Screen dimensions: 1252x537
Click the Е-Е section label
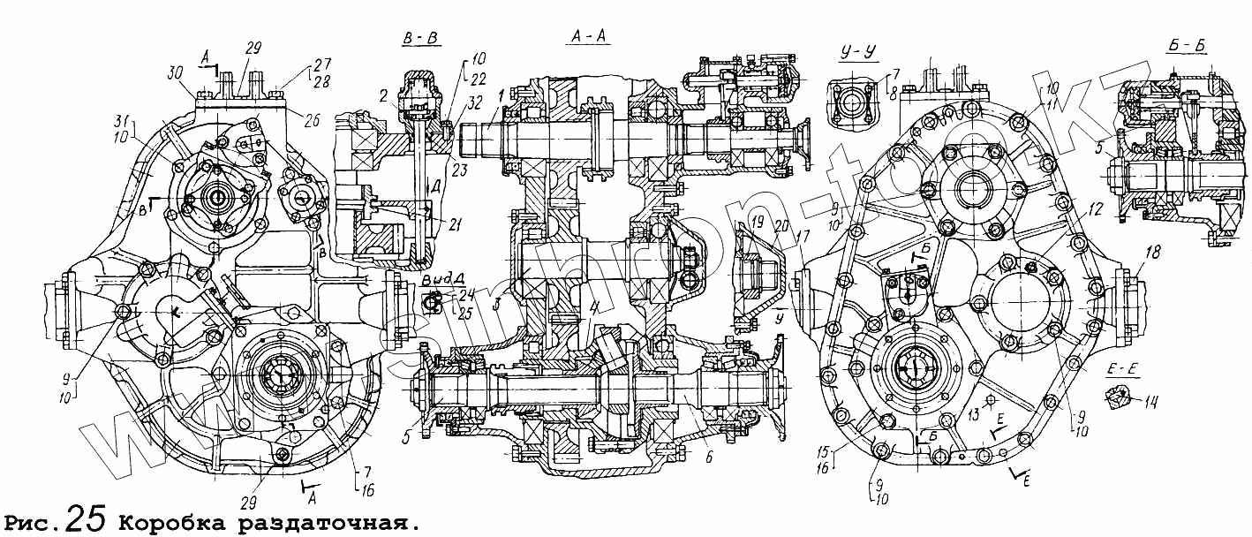1119,370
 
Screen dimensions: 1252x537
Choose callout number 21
455,225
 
